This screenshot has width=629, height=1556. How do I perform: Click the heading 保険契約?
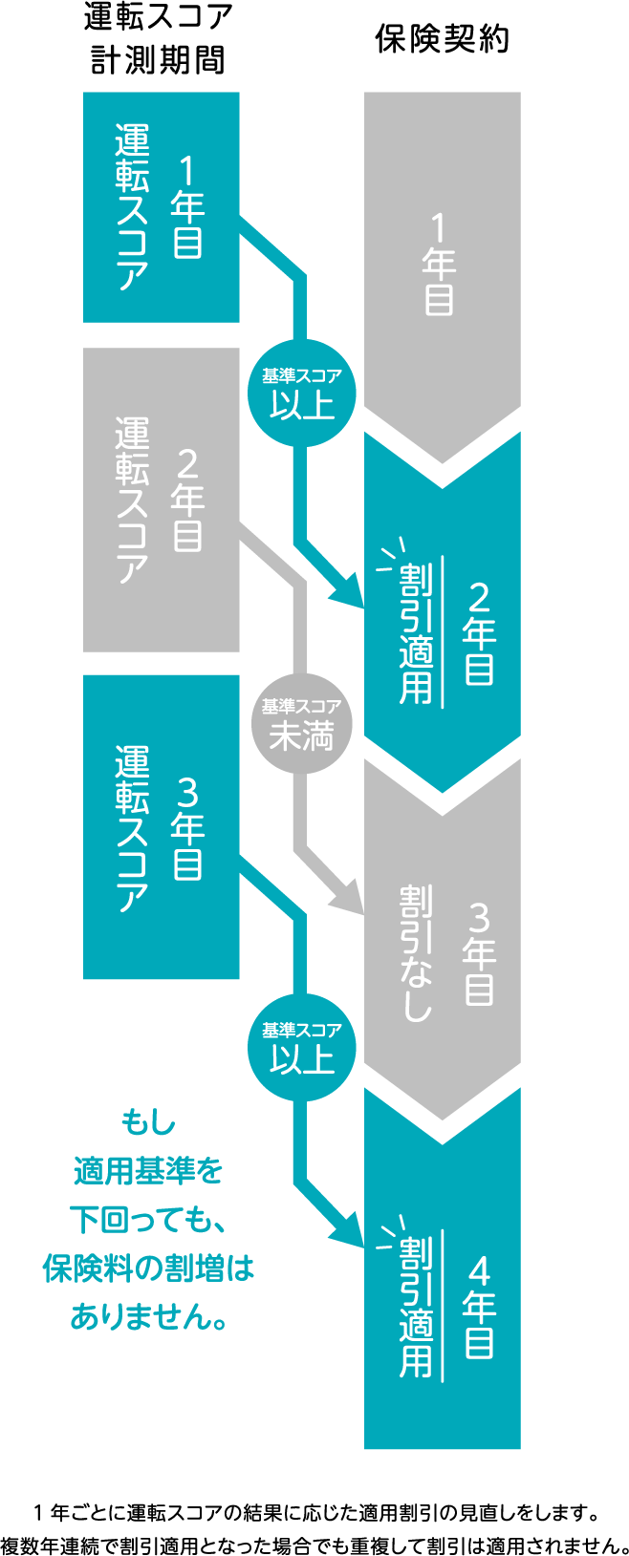point(442,39)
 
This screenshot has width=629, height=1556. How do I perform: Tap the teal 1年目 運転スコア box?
point(161,206)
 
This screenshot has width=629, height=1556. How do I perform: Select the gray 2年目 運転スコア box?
point(161,499)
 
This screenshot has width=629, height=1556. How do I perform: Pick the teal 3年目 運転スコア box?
point(161,826)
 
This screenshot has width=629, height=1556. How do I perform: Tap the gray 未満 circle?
point(302,726)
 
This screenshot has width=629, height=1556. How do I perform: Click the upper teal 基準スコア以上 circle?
point(302,394)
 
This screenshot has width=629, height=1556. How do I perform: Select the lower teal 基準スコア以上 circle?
point(302,1050)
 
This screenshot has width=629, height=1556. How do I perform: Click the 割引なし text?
point(417,952)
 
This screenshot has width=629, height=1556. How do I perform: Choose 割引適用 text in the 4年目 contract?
point(417,1307)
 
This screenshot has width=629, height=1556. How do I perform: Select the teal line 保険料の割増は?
point(149,1268)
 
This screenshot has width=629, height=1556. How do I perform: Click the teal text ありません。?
point(149,1316)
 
